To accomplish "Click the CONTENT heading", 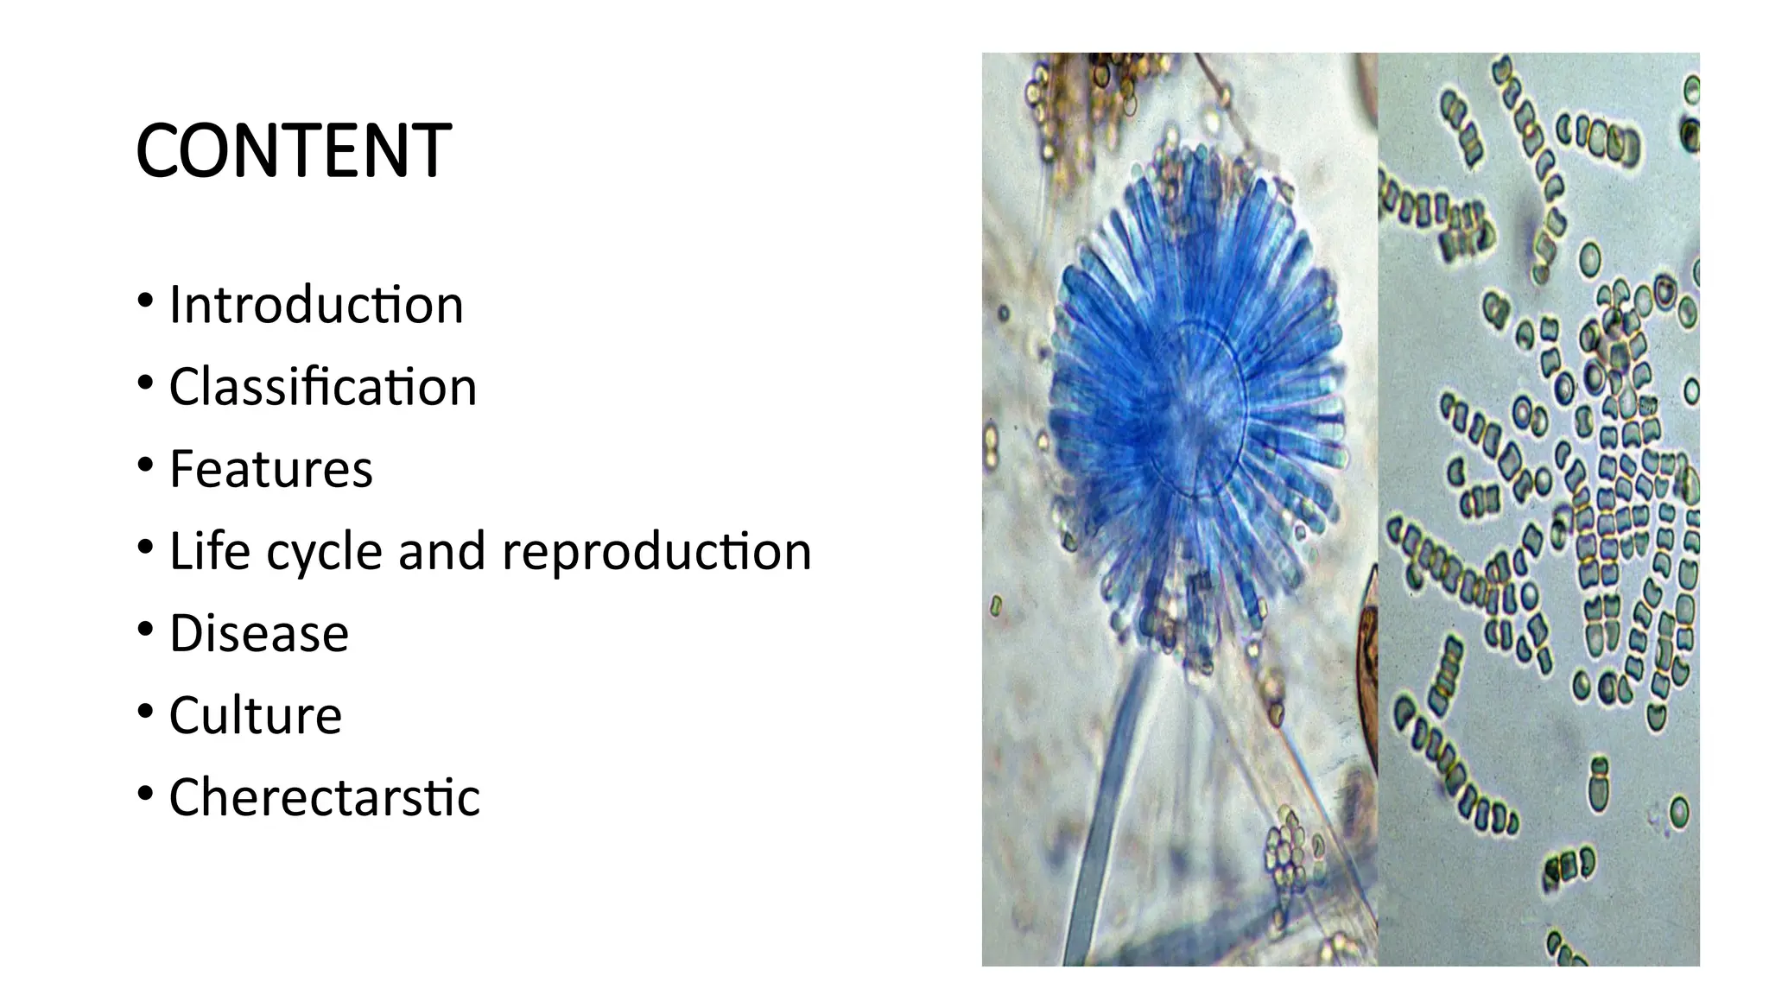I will click(x=293, y=151).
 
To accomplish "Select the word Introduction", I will click(x=316, y=305).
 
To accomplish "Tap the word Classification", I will click(x=322, y=387).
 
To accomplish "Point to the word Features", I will click(x=270, y=469).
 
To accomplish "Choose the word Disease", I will click(x=258, y=633).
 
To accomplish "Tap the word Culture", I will click(x=255, y=715).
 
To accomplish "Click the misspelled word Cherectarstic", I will click(x=324, y=797).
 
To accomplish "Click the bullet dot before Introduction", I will click(x=145, y=302).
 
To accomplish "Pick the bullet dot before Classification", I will click(x=145, y=384).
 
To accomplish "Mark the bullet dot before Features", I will click(x=145, y=466).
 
